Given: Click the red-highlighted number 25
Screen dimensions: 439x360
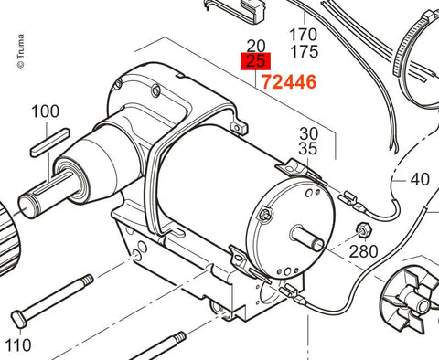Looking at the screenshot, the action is pyautogui.click(x=255, y=61).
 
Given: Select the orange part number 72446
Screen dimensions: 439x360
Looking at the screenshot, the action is pyautogui.click(x=289, y=82).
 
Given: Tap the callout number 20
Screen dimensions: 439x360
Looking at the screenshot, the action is pyautogui.click(x=256, y=46).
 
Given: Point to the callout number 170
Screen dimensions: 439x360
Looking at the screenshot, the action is pyautogui.click(x=303, y=35).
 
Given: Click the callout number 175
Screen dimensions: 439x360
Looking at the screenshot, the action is pyautogui.click(x=305, y=51).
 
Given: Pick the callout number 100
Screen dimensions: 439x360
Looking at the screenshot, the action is pyautogui.click(x=45, y=111).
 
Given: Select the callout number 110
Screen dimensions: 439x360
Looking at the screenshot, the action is pyautogui.click(x=18, y=345).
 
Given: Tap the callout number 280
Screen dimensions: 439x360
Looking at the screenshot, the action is pyautogui.click(x=363, y=251).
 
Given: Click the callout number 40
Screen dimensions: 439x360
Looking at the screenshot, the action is pyautogui.click(x=420, y=179).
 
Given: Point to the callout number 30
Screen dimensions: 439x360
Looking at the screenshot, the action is pyautogui.click(x=308, y=133).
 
